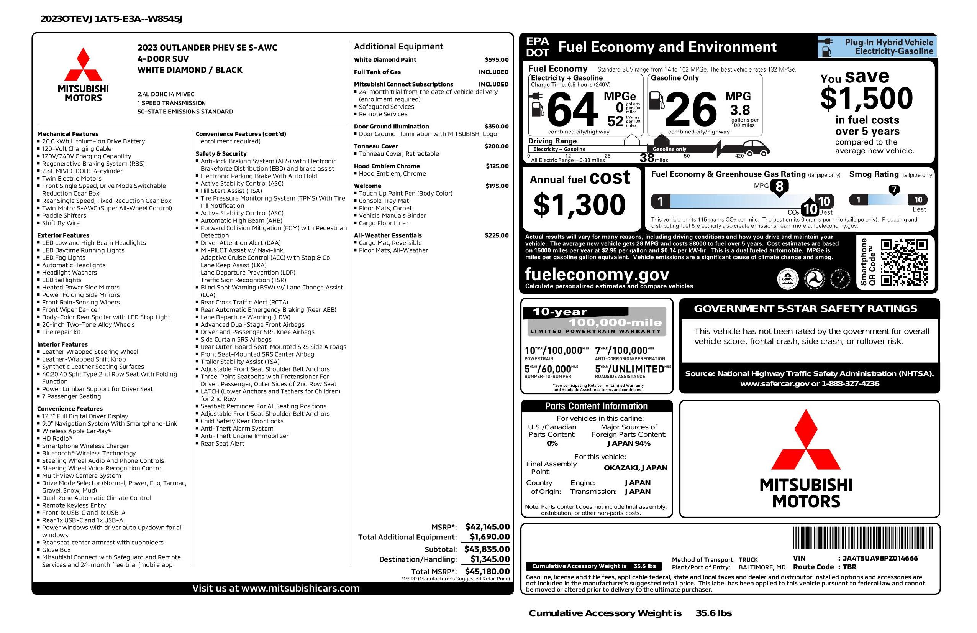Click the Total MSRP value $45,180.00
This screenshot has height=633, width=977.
(x=487, y=571)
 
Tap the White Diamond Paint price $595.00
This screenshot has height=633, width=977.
(x=496, y=59)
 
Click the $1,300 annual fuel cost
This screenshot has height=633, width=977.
(x=579, y=205)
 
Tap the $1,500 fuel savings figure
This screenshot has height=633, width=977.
(x=867, y=98)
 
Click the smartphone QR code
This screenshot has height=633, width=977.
(x=904, y=262)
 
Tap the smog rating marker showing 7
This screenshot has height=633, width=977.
(x=893, y=190)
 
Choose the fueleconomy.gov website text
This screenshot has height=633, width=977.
(x=597, y=274)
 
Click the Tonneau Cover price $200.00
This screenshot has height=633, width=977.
(x=497, y=146)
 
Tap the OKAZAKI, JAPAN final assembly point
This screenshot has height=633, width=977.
(x=635, y=467)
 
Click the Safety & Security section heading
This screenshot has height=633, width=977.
(x=221, y=154)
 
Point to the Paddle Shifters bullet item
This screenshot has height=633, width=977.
(x=64, y=215)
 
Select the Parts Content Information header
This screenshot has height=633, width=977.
(x=596, y=406)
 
